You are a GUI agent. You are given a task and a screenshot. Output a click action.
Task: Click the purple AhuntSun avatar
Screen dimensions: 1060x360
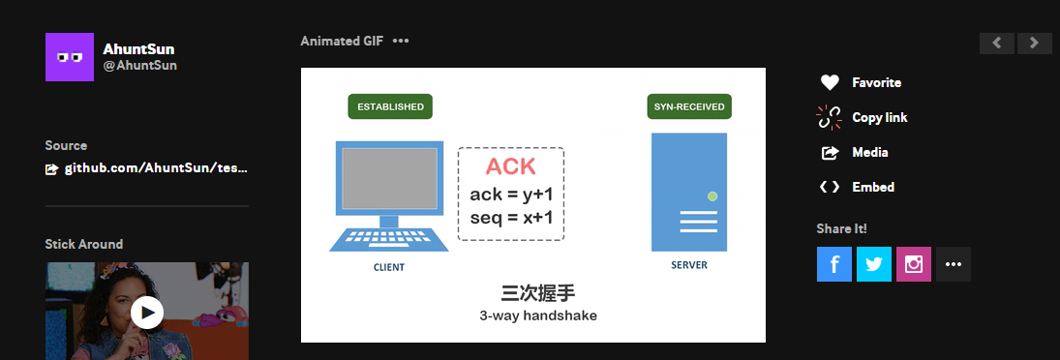pos(70,57)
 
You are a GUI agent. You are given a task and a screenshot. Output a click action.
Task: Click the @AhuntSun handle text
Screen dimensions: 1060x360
pos(139,66)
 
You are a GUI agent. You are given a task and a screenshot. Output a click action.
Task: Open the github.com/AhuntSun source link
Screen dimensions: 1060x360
pos(156,168)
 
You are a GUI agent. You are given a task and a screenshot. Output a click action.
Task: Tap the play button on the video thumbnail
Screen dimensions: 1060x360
pos(147,312)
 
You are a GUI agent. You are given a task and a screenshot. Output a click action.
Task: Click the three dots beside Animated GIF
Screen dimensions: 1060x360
pos(401,41)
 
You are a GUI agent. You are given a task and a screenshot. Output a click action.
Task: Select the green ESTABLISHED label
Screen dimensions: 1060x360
pos(390,106)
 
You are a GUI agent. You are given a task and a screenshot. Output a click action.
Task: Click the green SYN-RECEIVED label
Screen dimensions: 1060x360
pos(688,106)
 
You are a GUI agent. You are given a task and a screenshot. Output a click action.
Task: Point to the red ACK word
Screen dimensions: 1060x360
pos(510,165)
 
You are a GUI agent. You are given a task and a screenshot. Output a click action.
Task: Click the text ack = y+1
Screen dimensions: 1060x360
pos(511,195)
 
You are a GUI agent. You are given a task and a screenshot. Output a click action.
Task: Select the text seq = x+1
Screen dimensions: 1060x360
pos(511,218)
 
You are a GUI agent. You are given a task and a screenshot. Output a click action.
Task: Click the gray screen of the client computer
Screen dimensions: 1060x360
pos(389,179)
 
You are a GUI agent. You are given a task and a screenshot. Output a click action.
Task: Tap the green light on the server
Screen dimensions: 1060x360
pos(712,196)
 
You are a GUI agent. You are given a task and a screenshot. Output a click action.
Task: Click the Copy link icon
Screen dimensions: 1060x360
pos(830,117)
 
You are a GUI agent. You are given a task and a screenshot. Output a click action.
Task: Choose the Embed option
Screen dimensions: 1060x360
pos(872,187)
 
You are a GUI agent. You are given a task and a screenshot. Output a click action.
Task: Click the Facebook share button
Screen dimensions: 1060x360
pos(833,264)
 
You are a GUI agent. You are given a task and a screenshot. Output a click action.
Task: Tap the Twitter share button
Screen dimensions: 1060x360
pos(873,264)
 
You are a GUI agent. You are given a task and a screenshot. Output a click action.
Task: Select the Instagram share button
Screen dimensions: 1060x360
pos(913,264)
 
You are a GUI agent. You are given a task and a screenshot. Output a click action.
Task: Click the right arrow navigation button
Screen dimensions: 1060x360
pos(1034,43)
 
